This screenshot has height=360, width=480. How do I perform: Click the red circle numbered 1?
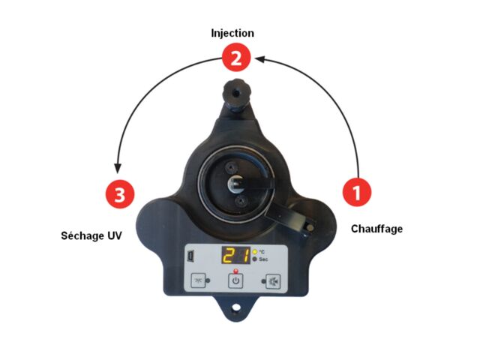[x=357, y=192]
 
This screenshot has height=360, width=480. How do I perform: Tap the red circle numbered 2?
[x=236, y=57]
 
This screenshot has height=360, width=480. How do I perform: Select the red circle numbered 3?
[x=120, y=194]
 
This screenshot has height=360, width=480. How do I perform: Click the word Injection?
[x=232, y=33]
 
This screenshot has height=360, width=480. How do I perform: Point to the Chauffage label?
[x=376, y=229]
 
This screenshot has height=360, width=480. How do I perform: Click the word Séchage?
[x=79, y=235]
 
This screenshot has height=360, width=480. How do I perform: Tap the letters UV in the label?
[x=114, y=235]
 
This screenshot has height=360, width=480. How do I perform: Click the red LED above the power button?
[x=235, y=271]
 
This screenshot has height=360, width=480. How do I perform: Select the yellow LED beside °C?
[x=255, y=252]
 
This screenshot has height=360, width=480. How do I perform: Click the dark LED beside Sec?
[x=255, y=259]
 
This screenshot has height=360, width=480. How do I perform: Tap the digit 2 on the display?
[x=229, y=255]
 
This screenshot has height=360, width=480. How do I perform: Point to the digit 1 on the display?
[x=244, y=255]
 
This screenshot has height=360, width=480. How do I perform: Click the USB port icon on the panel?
[x=190, y=256]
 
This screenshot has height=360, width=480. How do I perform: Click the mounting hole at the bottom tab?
[x=236, y=307]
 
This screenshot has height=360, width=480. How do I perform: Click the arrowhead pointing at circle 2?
[x=259, y=58]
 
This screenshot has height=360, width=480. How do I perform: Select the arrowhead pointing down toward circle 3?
[x=118, y=169]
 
